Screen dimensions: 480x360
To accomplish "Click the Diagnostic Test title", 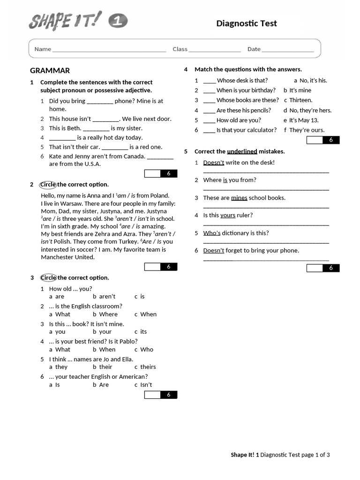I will click(247, 23).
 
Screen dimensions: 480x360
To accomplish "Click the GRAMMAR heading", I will click(50, 71).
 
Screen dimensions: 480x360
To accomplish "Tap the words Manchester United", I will click(67, 257).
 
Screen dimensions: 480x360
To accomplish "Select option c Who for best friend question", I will click(144, 350).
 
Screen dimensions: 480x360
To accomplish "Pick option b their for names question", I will click(103, 367).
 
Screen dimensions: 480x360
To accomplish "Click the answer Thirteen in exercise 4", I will click(300, 100).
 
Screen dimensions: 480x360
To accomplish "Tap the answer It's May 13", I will click(303, 120).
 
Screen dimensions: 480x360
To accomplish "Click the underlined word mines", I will click(239, 198).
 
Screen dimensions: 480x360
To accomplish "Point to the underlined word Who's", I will click(211, 233).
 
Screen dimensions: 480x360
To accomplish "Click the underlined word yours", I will click(228, 216).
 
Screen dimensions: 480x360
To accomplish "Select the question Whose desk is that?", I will click(242, 81).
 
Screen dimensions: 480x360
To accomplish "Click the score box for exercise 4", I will click(323, 140).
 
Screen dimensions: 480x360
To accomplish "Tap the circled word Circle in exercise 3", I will click(48, 278).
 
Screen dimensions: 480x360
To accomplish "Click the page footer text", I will click(280, 455).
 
